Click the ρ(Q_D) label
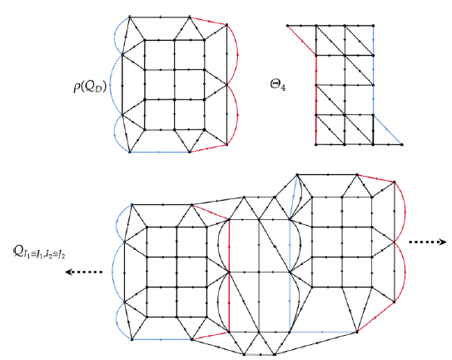coord(90,87)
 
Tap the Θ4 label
coord(278,85)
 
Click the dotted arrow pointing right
coord(428,242)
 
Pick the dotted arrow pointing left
coord(84,272)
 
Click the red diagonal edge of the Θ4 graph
coord(302,41)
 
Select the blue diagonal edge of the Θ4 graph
coord(387,130)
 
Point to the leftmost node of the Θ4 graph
coord(287,26)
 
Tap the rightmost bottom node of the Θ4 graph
coord(402,144)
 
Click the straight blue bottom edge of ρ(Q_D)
coord(160,152)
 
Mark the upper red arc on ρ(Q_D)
coord(237,55)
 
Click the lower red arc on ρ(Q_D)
coord(237,115)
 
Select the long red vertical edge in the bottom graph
coord(229,276)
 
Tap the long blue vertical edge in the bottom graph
coord(290,276)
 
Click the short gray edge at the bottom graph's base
coord(259,354)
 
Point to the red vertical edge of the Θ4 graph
coord(316,100)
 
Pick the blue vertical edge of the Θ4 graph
coord(373,71)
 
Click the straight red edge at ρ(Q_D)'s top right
coord(208,21)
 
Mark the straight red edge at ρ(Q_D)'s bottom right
coord(208,148)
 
